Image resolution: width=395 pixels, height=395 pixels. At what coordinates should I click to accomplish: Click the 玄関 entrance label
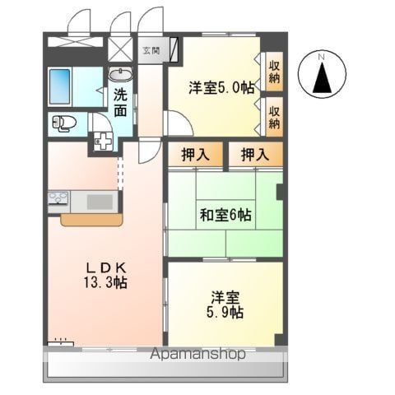coord(151,50)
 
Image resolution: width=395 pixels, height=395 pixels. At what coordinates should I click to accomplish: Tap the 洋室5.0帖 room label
coord(221,87)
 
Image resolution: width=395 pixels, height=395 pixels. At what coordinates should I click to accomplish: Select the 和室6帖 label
coord(225,215)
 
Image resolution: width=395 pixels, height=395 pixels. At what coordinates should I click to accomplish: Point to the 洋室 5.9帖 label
coord(225,304)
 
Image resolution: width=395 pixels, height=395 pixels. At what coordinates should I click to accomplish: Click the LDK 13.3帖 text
coord(105,275)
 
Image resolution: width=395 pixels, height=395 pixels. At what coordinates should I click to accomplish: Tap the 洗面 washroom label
coord(120,102)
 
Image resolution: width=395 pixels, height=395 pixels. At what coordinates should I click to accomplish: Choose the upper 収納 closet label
coord(274,72)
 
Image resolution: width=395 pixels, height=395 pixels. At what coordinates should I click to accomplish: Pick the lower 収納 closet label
coord(274,117)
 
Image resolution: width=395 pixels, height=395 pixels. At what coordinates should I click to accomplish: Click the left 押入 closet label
coord(196,155)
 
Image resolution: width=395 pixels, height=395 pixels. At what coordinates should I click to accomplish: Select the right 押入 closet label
coord(255,155)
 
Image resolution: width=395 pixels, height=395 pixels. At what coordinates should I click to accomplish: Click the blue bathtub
coord(59,86)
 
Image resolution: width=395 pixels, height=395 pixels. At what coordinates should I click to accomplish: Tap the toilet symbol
coord(64,123)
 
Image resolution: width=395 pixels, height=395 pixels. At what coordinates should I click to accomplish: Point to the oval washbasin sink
coord(120,74)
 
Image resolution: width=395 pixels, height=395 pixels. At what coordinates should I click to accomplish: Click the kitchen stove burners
coord(58,198)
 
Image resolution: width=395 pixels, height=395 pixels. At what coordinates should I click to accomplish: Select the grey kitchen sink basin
coord(100,202)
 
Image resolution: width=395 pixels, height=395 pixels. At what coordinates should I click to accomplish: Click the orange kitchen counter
coord(91,220)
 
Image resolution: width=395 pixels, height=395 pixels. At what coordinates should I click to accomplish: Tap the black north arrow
coord(322,77)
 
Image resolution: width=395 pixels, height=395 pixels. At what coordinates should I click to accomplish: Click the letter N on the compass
coord(322,57)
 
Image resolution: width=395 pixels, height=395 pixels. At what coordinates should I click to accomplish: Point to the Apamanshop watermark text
coord(197,354)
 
